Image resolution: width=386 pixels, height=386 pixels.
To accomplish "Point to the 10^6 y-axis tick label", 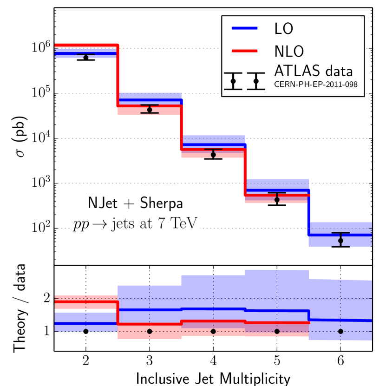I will [x=40, y=48].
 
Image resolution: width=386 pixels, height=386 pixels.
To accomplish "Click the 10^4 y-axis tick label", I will [x=40, y=138].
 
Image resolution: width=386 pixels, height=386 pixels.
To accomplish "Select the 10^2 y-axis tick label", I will [x=40, y=229].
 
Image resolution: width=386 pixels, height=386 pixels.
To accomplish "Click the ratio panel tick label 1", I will [x=46, y=332].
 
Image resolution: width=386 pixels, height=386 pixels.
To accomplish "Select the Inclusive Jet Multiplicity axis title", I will [x=213, y=377].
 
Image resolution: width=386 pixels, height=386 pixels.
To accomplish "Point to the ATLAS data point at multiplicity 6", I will [x=340, y=241].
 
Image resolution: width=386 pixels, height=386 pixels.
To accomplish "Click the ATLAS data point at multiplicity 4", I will [x=213, y=155].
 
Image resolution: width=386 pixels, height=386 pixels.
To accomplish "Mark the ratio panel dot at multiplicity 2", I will [x=85, y=331].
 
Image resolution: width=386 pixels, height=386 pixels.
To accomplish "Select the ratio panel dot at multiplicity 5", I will [x=277, y=331].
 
